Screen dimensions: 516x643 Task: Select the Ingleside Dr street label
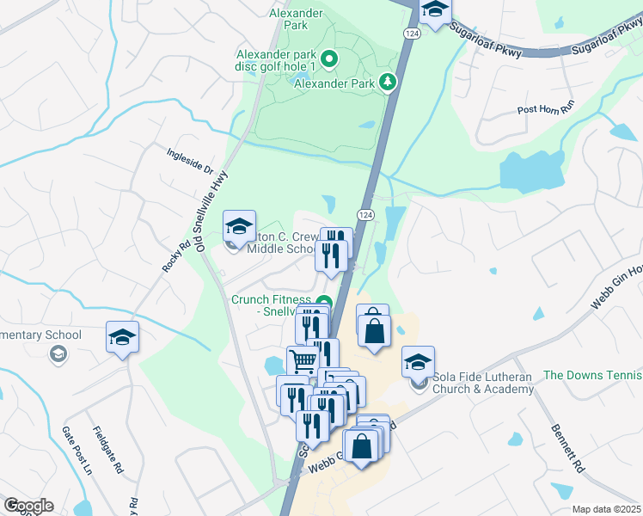189,161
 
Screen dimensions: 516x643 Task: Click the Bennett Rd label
567,450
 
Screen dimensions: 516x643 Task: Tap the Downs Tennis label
593,375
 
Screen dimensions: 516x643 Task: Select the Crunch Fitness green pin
323,301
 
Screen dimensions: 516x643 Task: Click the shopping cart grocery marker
302,360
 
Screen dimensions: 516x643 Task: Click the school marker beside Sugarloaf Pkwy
436,10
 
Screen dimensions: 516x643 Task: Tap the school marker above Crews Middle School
238,227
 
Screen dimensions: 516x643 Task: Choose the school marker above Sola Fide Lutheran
418,362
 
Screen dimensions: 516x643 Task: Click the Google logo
28,506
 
